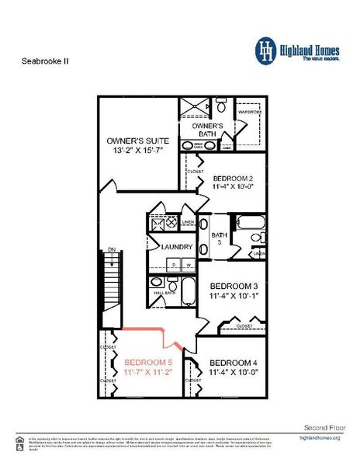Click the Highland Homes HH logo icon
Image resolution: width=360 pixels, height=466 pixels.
[x=268, y=50]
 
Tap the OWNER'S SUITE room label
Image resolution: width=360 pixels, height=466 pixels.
[x=138, y=141]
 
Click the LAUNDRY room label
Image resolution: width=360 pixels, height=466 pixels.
[x=176, y=247]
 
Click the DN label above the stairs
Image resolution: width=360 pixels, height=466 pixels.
[x=112, y=249]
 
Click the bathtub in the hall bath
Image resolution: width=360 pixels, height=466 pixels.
[x=186, y=294]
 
